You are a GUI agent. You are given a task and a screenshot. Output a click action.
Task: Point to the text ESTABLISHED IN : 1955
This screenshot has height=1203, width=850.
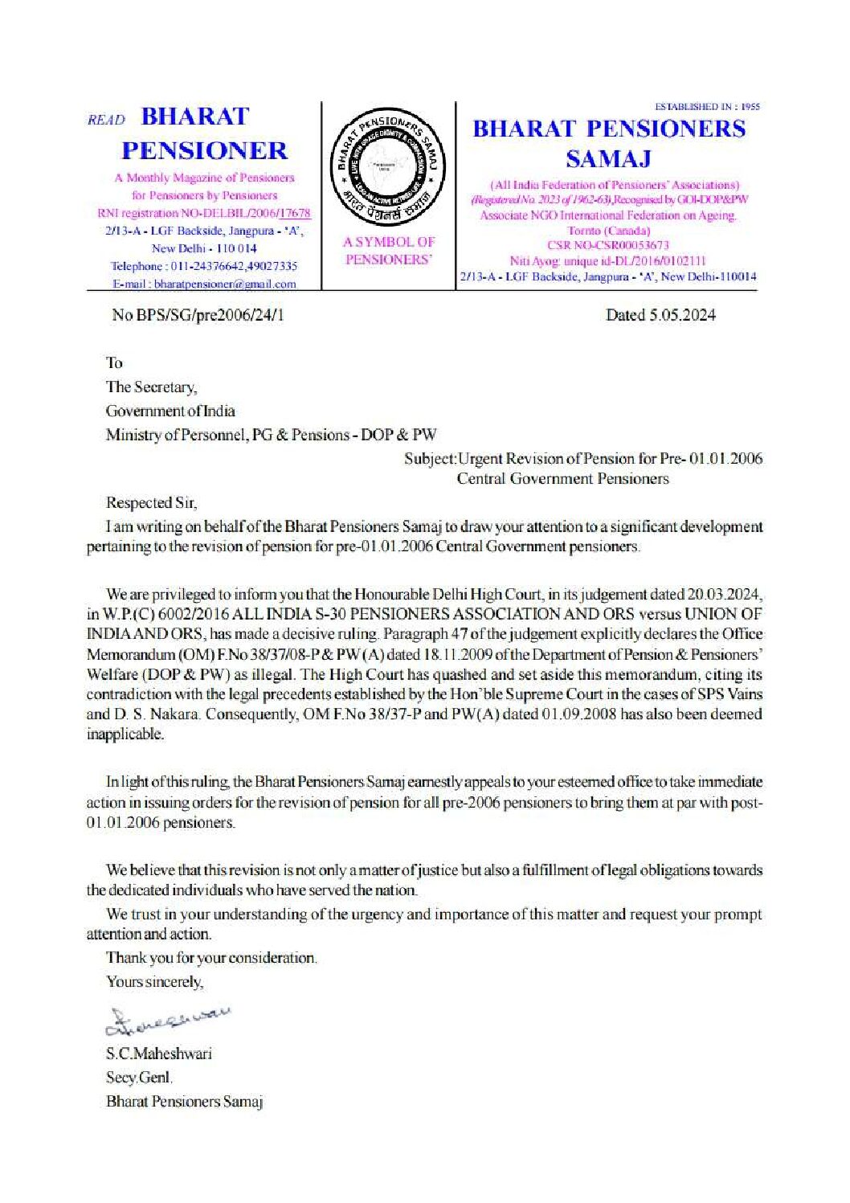click(707, 107)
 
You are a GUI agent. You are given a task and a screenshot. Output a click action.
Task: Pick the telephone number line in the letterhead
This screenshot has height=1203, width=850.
click(204, 266)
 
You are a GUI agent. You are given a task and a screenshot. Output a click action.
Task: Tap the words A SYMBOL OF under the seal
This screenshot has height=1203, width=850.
click(389, 242)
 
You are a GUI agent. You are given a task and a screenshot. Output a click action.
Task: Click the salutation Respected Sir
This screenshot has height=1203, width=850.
click(150, 503)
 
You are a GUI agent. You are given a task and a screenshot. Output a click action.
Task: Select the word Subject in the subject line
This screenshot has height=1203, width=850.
click(429, 459)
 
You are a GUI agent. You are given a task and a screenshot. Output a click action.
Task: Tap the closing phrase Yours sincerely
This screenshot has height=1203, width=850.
click(154, 982)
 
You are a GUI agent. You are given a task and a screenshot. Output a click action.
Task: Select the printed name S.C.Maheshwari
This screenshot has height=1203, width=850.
click(158, 1054)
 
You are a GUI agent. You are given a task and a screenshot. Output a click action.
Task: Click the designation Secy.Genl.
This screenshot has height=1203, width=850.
click(139, 1078)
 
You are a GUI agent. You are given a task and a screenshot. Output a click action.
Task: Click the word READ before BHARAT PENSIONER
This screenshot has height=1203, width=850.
click(106, 120)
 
